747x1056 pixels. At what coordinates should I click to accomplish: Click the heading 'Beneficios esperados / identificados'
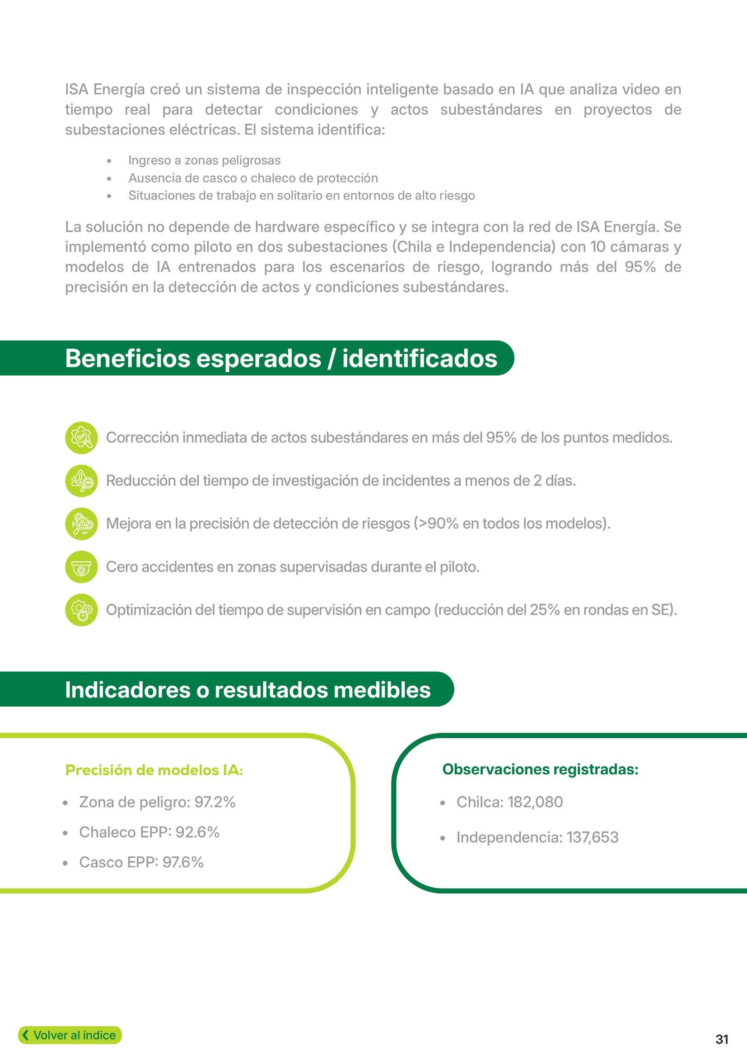[280, 358]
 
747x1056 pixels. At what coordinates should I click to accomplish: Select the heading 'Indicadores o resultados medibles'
[247, 689]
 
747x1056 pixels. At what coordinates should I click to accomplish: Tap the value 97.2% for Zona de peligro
[215, 802]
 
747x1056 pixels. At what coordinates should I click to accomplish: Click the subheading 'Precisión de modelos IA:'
[154, 770]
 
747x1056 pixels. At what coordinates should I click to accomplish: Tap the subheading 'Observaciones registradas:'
[540, 769]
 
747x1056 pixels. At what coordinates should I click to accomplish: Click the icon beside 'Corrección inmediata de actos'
[81, 437]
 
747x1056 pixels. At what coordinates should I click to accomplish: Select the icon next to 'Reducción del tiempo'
[81, 481]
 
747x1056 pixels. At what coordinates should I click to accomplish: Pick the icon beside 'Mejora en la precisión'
[81, 523]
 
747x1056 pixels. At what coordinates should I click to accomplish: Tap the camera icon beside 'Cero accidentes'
[81, 567]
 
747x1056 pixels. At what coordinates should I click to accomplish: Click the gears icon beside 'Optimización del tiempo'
[81, 610]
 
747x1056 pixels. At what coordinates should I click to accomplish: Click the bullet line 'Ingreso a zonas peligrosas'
[204, 161]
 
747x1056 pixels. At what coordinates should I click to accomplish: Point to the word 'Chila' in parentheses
[414, 247]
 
